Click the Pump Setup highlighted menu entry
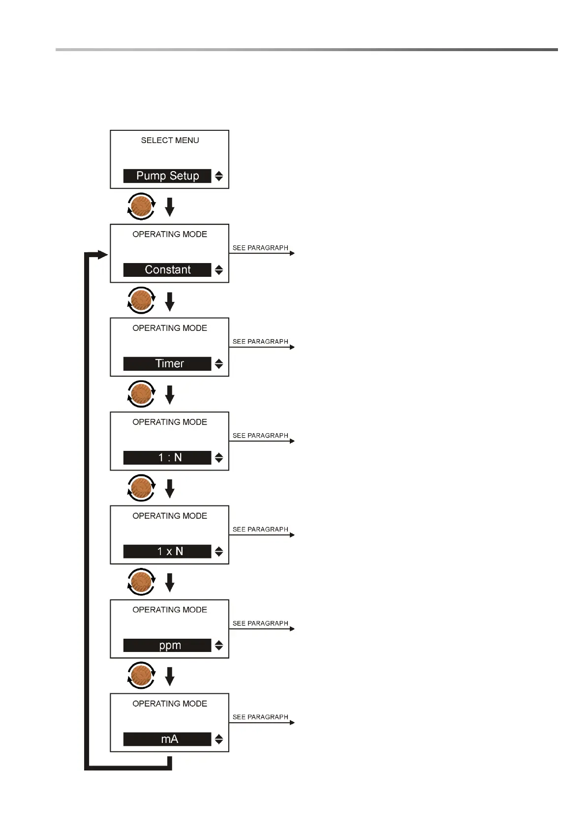click(167, 176)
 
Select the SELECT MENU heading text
click(170, 141)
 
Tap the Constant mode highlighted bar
click(167, 270)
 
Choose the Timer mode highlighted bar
click(167, 364)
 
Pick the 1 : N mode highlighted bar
click(167, 458)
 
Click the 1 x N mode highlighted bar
click(167, 552)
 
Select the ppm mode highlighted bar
click(167, 646)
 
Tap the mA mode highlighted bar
click(167, 739)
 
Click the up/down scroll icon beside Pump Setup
click(219, 176)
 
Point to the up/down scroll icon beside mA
click(219, 739)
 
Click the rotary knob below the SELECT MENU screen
click(141, 207)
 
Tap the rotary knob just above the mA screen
click(141, 676)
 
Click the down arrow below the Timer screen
click(170, 395)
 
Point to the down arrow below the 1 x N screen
click(170, 583)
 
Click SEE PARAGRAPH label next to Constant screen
click(260, 248)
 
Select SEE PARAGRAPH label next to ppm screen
click(260, 623)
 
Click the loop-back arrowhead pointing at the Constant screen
click(102, 254)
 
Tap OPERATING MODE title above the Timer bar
click(170, 328)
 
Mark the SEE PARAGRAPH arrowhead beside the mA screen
click(292, 723)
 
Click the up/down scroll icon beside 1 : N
click(219, 458)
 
